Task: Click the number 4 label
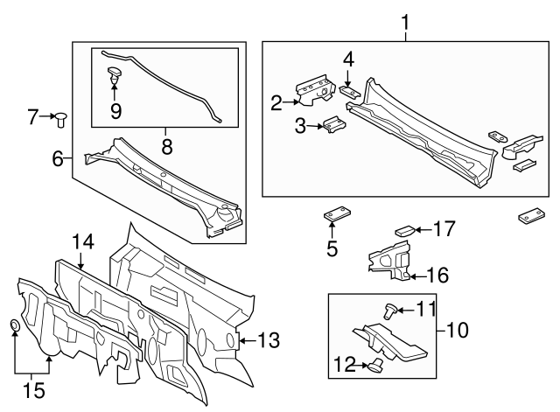(x=348, y=59)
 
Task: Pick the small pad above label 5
(x=336, y=215)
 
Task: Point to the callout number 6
(x=58, y=158)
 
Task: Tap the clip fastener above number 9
(x=115, y=73)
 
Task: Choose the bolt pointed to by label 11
(x=392, y=309)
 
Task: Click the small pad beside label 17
(x=403, y=230)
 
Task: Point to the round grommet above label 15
(x=16, y=327)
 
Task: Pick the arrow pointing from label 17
(x=421, y=230)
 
